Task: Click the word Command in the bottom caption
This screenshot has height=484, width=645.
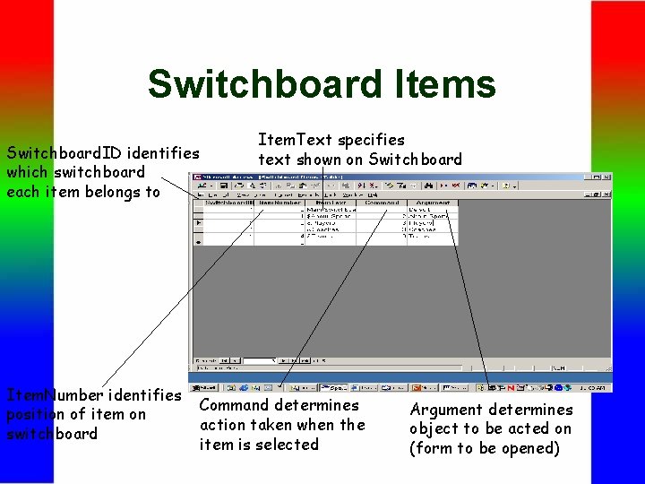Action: tap(234, 405)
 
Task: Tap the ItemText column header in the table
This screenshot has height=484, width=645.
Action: tap(331, 203)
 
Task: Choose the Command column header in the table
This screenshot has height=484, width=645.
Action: tap(381, 203)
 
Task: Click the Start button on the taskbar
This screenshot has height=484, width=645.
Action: tap(206, 388)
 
